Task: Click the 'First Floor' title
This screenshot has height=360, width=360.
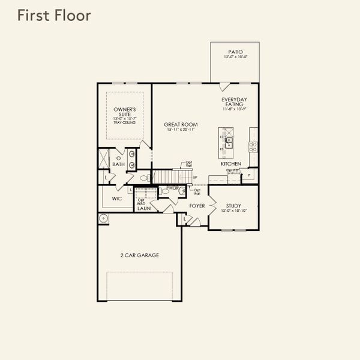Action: point(54,16)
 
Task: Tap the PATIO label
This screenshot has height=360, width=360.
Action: point(235,52)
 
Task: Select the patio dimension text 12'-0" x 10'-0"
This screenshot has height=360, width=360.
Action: point(235,58)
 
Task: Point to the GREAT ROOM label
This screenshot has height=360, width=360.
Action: point(181,125)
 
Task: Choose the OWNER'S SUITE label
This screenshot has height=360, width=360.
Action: point(125,112)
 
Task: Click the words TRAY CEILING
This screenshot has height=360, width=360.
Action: point(125,122)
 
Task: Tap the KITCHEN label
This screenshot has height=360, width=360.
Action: point(230,164)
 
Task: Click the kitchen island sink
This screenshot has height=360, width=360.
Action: point(229,143)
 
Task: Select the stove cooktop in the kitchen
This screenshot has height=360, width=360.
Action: point(254,145)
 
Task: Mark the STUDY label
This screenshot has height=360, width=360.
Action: point(233,206)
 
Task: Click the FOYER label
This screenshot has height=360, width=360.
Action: point(197,206)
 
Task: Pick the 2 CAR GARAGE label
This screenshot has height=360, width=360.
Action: point(139,255)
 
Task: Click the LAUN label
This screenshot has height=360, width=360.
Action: point(143,209)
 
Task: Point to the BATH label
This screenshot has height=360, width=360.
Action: point(118,164)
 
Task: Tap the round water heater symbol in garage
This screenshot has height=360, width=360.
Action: point(103,218)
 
